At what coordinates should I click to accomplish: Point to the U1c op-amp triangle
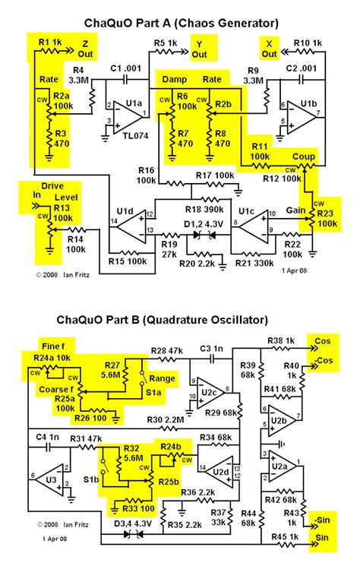click(x=255, y=223)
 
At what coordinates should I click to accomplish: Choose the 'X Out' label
click(x=269, y=49)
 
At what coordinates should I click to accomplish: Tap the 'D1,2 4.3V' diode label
click(x=203, y=225)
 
